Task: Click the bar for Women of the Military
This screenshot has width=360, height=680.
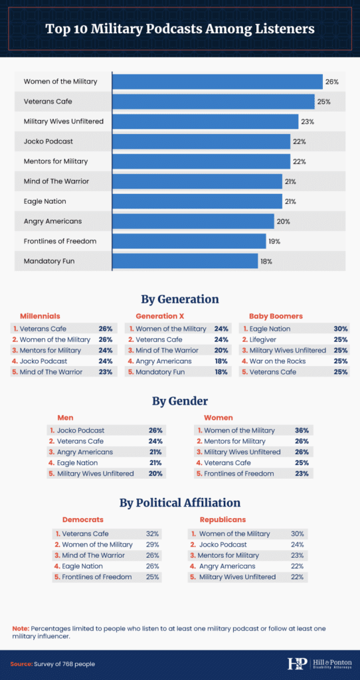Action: click(217, 82)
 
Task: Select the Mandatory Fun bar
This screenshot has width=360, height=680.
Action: click(185, 262)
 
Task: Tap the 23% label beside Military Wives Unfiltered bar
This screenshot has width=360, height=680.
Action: click(308, 122)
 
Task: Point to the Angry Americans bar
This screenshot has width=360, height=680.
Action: click(193, 222)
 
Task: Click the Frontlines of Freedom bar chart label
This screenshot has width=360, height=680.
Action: click(60, 242)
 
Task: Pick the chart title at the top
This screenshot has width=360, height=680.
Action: click(180, 29)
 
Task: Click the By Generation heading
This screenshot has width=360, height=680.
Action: click(180, 299)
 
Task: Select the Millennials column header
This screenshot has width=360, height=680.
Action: click(40, 316)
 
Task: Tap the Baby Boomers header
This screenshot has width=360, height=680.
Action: click(276, 316)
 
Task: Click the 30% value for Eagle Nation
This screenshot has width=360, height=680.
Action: click(341, 329)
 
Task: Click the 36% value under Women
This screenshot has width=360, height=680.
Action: click(302, 430)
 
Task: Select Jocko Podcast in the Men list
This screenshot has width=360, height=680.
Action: click(80, 430)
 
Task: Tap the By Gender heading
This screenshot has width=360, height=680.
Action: click(180, 402)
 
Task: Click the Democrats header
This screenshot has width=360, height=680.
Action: click(83, 519)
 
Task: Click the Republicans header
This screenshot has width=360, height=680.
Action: click(223, 519)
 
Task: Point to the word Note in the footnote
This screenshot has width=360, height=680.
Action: click(21, 628)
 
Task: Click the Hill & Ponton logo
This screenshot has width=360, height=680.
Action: click(318, 663)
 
